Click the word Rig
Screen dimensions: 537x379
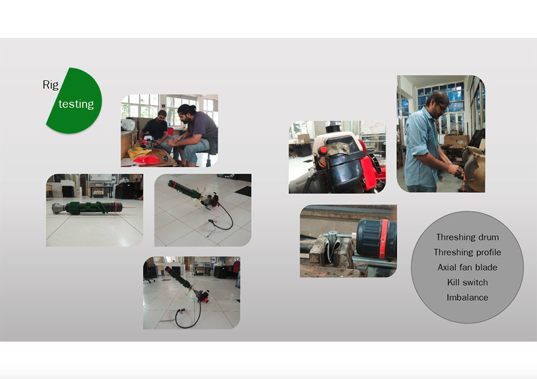pos(50,85)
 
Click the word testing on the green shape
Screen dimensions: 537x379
pos(76,103)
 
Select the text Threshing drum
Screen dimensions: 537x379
pos(467,237)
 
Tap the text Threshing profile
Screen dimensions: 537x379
pos(467,252)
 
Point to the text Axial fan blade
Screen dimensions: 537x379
pos(467,267)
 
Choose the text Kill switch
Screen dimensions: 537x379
pos(467,283)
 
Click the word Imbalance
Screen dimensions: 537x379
pos(467,298)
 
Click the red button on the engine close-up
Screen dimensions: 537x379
pos(322,151)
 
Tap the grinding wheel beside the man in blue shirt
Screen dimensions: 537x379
pos(476,169)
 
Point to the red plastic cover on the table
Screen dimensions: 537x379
pos(147,160)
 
